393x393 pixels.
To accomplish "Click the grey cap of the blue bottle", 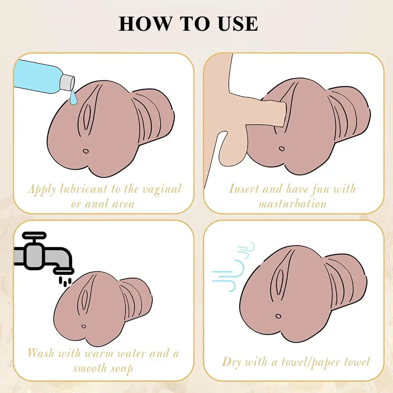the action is coord(67,82).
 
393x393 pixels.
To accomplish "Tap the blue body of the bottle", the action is coord(38,76).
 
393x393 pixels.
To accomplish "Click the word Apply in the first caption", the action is coord(42,190).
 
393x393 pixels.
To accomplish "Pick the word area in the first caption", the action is coord(123,204).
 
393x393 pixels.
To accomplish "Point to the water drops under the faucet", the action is coord(65,281).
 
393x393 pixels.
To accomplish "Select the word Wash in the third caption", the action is coord(41,353).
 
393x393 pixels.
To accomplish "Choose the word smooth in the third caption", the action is coord(90,368).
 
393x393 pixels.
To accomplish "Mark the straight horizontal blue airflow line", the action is coord(222,272).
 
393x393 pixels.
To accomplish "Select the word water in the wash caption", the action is coord(132,354).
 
